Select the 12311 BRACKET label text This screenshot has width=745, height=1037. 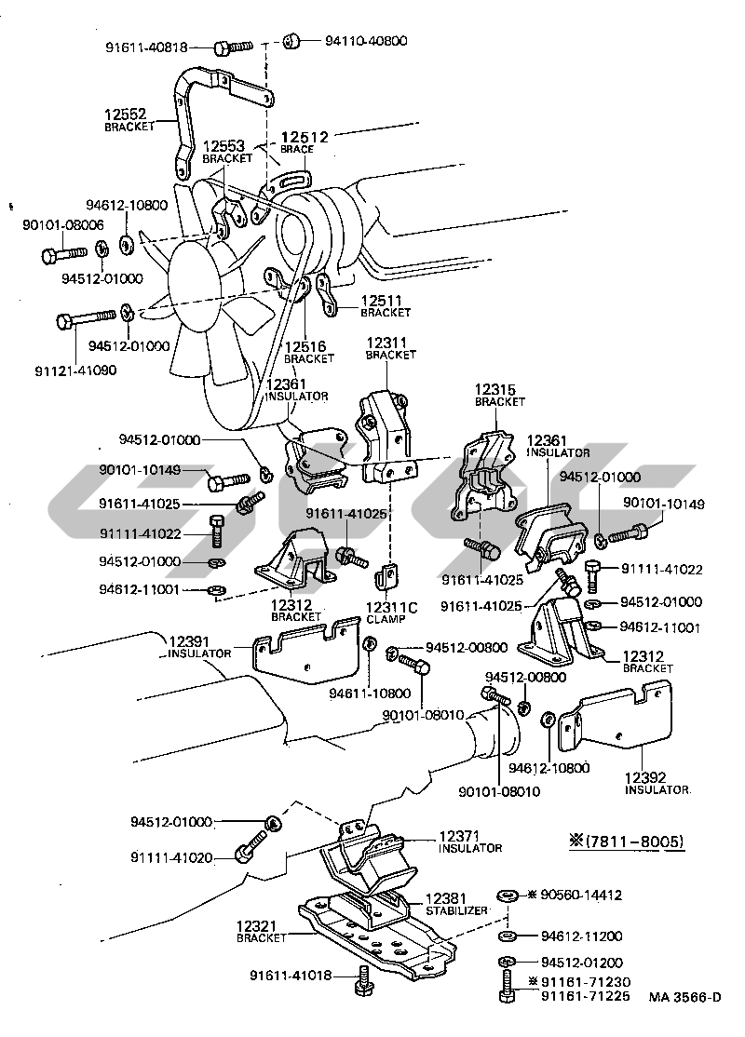pyautogui.click(x=390, y=347)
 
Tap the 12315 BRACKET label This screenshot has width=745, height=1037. pyautogui.click(x=499, y=395)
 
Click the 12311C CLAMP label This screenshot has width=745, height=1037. pyautogui.click(x=392, y=613)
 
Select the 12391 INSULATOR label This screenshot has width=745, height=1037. pyautogui.click(x=199, y=647)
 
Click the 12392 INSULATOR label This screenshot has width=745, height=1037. pyautogui.click(x=656, y=783)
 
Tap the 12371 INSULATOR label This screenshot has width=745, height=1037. pyautogui.click(x=469, y=842)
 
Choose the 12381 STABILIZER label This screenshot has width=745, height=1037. pyautogui.click(x=456, y=904)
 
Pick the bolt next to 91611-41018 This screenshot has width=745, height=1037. pyautogui.click(x=365, y=981)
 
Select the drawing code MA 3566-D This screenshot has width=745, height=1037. pyautogui.click(x=685, y=997)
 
